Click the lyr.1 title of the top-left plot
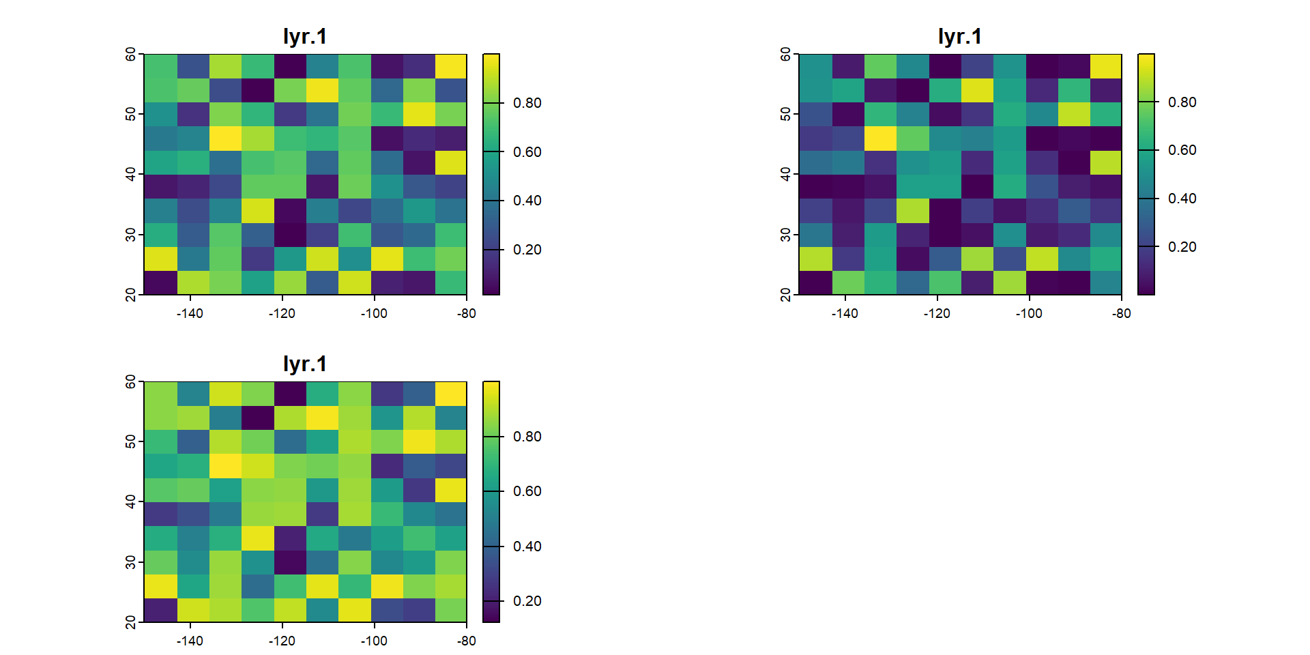[305, 36]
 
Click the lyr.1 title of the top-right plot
[960, 36]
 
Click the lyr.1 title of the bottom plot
[305, 364]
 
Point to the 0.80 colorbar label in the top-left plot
[527, 103]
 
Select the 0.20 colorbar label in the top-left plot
[527, 250]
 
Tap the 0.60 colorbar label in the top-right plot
[1182, 150]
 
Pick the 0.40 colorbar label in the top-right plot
[1182, 199]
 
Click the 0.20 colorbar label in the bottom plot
[527, 601]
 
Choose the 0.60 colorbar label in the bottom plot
[527, 491]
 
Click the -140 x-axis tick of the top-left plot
[190, 313]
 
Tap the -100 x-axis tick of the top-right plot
[1029, 313]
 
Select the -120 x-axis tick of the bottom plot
[282, 641]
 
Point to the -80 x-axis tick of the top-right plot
[1122, 313]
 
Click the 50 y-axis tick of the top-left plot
[130, 114]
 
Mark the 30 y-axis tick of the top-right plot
[785, 235]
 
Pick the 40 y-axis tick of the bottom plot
[130, 501]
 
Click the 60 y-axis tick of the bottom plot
[130, 382]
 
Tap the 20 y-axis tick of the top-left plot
[130, 295]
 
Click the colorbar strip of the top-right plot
[1146, 174]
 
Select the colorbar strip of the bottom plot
[491, 501]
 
